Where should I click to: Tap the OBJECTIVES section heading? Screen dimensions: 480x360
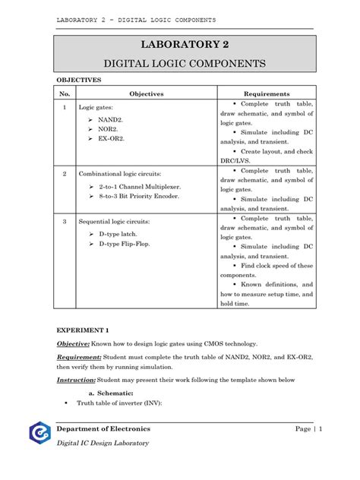[x=80, y=79]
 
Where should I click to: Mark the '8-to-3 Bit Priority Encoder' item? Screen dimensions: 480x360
[x=137, y=196]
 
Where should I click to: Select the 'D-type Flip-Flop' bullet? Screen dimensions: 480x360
[x=125, y=243]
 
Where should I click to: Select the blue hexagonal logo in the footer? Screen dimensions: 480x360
[x=38, y=434]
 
